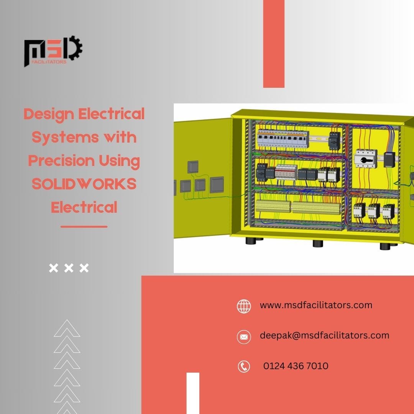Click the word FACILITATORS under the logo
tap(49, 62)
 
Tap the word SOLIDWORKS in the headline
tap(84, 184)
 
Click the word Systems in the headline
tap(65, 138)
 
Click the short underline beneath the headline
tap(84, 227)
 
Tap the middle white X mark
tap(69, 268)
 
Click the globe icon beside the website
tap(244, 306)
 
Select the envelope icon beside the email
tap(244, 337)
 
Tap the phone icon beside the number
tap(244, 366)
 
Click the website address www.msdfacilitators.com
tap(316, 305)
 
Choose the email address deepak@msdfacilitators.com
tap(325, 335)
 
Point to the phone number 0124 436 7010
tap(296, 366)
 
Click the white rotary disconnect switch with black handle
tap(365, 158)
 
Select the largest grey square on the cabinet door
tap(217, 184)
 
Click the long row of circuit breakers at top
tap(283, 139)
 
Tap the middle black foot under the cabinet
tap(318, 243)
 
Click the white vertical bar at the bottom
tap(193, 393)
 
